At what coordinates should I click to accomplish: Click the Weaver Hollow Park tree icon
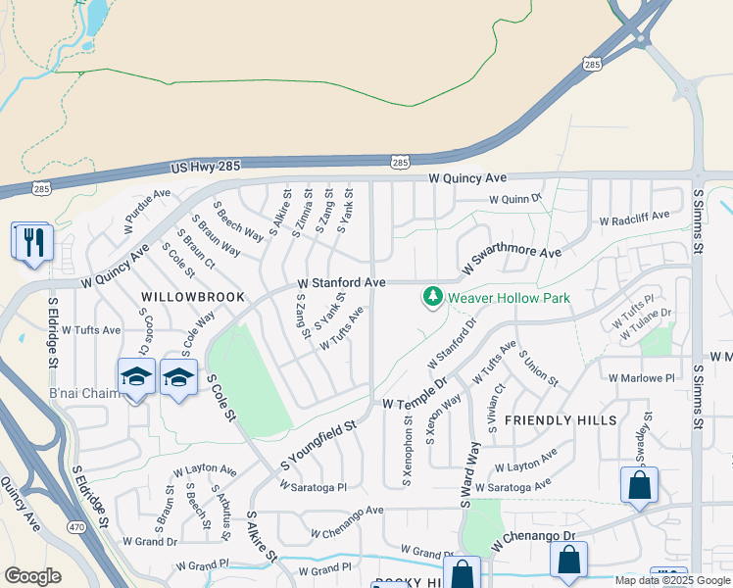[432, 295]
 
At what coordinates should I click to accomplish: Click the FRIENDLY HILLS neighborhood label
[561, 420]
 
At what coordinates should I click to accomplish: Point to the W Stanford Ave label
[341, 282]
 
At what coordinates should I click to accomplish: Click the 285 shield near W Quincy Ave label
[400, 161]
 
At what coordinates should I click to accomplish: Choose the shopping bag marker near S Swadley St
[639, 484]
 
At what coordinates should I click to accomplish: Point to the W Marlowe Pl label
[641, 377]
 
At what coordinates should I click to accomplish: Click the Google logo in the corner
[32, 575]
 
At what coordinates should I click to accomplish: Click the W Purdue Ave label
[147, 211]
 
